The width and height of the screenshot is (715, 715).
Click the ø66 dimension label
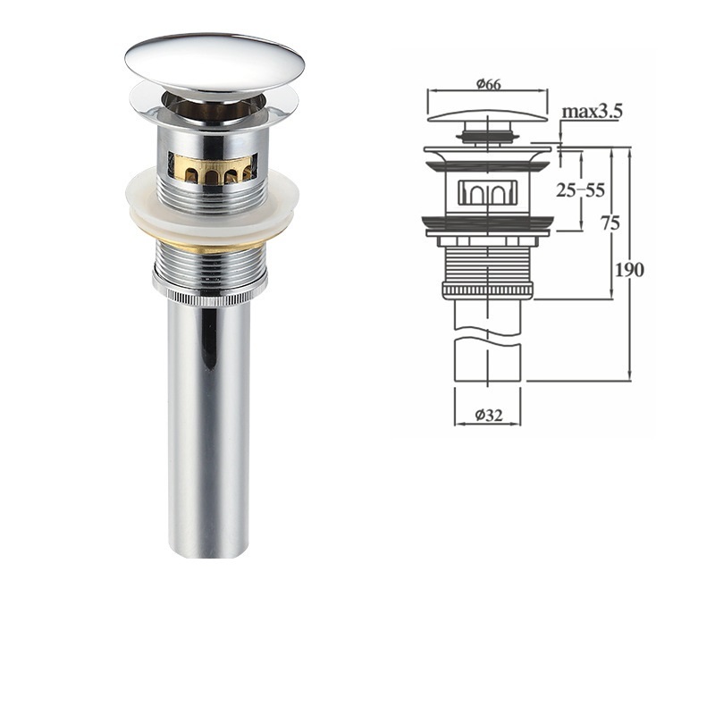pos(488,84)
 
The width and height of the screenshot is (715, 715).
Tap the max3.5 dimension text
pos(592,111)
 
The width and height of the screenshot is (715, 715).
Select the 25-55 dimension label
pos(580,190)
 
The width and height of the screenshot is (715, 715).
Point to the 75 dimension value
pos(610,223)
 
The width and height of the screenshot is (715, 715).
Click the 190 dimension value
pos(630,270)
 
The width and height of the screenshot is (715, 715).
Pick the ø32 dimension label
pos(488,416)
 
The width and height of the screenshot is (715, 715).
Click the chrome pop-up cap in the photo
pos(214,60)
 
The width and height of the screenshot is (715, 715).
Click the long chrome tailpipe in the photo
pos(209,431)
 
